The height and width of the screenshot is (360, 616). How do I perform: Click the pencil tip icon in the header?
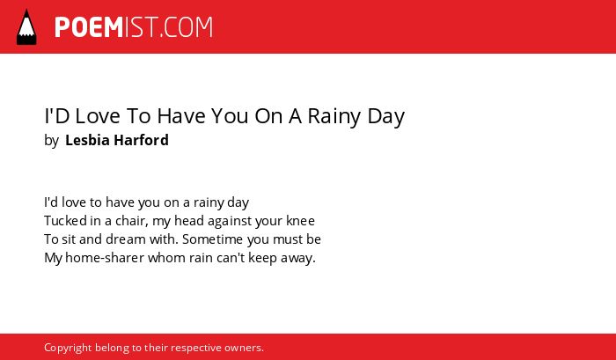point(26,27)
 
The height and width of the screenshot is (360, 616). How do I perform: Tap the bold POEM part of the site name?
point(89,27)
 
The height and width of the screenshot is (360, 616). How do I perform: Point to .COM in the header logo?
point(186,27)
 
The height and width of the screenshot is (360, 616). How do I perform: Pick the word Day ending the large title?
point(385,117)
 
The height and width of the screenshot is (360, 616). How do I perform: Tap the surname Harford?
point(141,140)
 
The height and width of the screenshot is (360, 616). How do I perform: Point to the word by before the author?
point(51,141)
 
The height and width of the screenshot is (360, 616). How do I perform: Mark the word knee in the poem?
point(300,220)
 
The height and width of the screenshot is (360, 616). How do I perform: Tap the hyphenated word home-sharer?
point(105,258)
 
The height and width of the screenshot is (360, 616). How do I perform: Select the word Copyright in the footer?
point(68,349)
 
